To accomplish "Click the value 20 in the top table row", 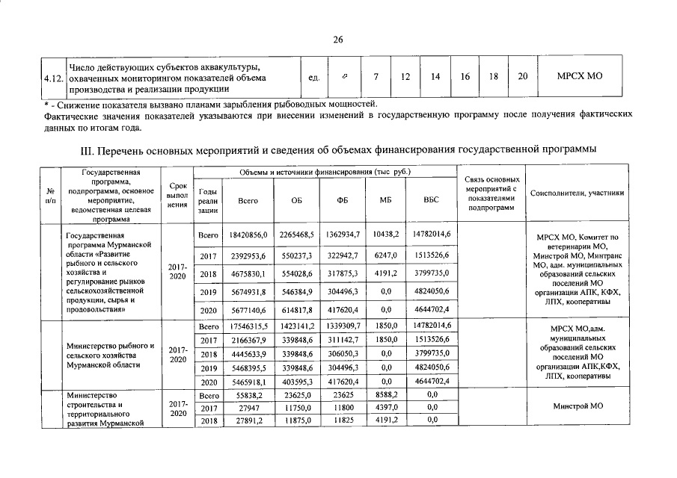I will (522, 76).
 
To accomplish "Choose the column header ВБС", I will (431, 200).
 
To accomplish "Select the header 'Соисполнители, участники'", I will (576, 193).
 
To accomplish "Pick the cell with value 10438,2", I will (386, 235).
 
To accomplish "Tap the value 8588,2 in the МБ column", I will (386, 394).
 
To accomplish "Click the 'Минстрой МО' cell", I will (576, 407).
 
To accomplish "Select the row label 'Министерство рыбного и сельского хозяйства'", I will (110, 355).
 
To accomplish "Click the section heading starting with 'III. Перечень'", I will (337, 149).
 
